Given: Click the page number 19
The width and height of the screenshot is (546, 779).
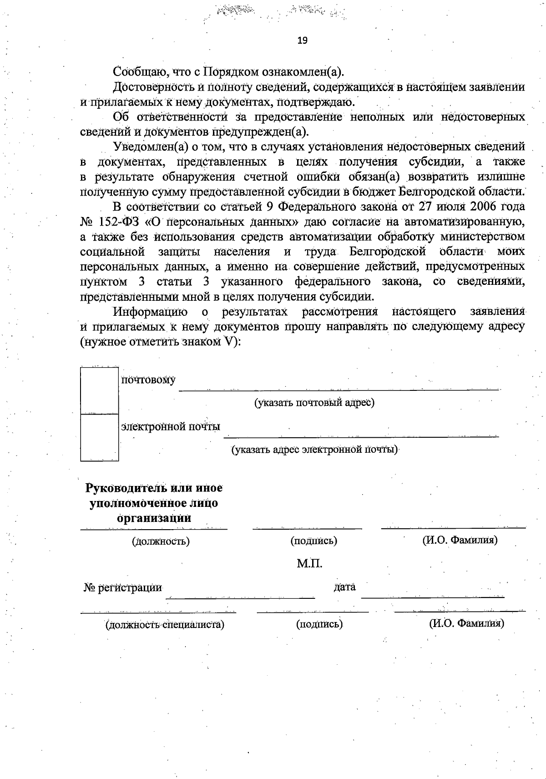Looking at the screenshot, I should point(302,40).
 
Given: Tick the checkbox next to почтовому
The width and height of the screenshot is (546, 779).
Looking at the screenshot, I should point(99,390).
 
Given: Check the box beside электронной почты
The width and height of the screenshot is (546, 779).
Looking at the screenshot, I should point(99,437).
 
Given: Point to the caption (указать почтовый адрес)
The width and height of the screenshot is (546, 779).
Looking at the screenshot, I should point(314,403).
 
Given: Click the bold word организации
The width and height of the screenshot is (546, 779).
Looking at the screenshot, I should point(154,518).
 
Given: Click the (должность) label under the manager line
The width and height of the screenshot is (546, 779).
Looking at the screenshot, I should point(161,541).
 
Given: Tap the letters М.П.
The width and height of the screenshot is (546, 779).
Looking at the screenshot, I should point(309,564).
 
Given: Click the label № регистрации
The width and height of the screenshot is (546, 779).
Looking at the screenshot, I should point(123,587).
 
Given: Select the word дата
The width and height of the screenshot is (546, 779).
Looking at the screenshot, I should point(344,587).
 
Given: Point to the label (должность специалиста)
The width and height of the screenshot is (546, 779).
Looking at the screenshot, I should point(165,624).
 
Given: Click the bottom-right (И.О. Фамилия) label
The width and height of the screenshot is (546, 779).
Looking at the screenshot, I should point(466,623).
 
